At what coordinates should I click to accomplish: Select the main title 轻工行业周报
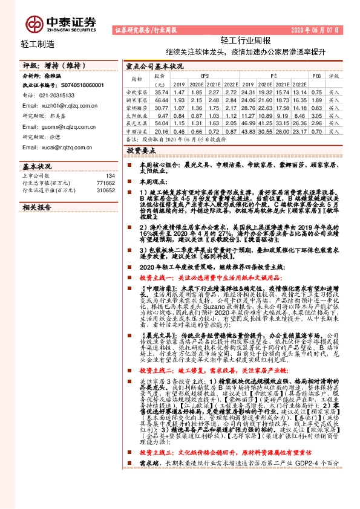click(245, 41)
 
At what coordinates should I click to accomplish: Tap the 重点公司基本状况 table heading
click(154, 67)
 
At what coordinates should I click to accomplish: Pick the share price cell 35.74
click(160, 92)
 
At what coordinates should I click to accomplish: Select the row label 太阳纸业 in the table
click(136, 115)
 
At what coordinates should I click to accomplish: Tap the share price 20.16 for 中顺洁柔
click(160, 131)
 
